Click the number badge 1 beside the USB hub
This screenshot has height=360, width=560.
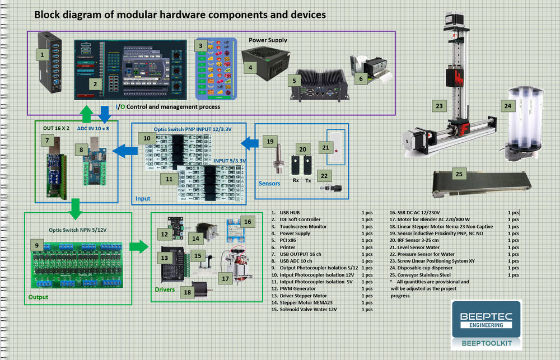[41, 54]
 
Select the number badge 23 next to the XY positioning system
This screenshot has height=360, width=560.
[440, 105]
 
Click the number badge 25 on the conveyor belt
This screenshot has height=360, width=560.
[459, 174]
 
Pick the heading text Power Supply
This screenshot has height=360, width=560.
[268, 40]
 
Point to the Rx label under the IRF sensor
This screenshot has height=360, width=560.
[296, 181]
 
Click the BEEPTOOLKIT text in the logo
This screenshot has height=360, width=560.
[486, 342]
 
